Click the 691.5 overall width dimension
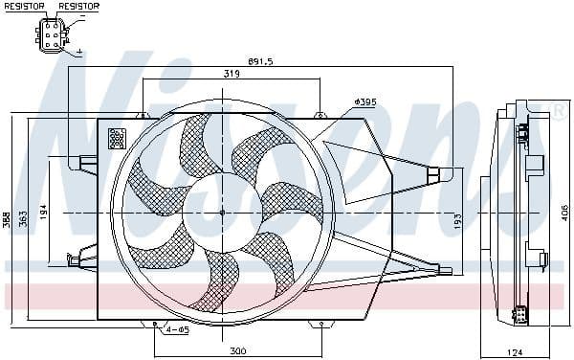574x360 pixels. [260, 61]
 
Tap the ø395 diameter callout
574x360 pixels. [365, 101]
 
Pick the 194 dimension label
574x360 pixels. [43, 213]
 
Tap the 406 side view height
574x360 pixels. [564, 213]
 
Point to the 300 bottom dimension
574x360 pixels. [238, 351]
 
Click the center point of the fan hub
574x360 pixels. [222, 213]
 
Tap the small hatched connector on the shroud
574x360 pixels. [118, 138]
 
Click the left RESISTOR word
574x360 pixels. [25, 7]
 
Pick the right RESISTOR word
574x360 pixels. [77, 7]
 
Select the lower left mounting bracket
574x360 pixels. [84, 255]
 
